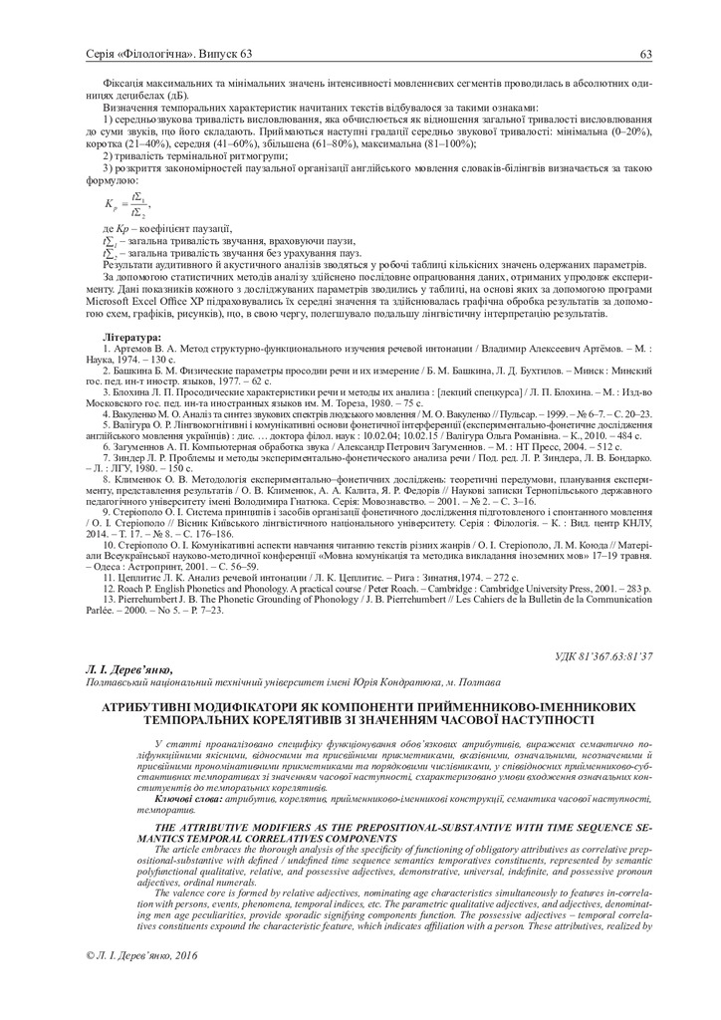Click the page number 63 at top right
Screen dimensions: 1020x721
coord(645,53)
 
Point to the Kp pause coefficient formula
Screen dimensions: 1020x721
coord(125,207)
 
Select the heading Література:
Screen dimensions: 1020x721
coord(132,339)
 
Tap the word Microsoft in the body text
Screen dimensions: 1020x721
coord(116,298)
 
